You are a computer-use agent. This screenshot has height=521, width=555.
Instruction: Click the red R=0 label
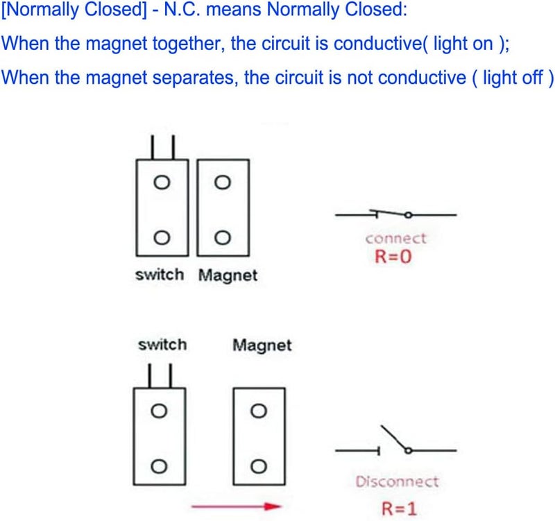point(393,256)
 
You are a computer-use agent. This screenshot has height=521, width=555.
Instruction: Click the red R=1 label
point(399,509)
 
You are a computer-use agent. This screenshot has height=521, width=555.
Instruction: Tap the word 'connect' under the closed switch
point(395,239)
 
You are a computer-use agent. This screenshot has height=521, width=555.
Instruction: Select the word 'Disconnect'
point(397,481)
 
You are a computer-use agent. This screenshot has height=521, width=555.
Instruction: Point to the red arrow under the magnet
point(236,506)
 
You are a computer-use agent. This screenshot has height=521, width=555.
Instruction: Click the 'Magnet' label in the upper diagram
point(228,275)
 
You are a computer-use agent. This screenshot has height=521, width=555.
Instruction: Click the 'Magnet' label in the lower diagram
point(262,345)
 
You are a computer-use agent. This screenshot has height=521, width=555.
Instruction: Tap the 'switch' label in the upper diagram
point(160,275)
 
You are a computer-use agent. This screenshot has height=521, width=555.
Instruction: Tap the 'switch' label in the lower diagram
point(162,345)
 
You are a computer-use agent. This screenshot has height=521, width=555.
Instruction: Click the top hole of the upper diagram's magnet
point(223,182)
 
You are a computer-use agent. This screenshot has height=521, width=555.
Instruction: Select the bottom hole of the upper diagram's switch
point(162,237)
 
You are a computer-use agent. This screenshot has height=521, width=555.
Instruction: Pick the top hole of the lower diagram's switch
point(159,411)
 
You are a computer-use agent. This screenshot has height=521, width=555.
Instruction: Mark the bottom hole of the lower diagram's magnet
point(259,466)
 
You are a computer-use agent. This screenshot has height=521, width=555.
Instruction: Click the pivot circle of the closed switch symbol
point(408,214)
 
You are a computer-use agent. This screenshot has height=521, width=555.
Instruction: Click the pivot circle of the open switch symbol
point(408,450)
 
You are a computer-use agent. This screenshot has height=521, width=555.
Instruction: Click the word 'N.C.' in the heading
point(182,9)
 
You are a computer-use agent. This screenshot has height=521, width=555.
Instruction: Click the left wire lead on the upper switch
point(152,147)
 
